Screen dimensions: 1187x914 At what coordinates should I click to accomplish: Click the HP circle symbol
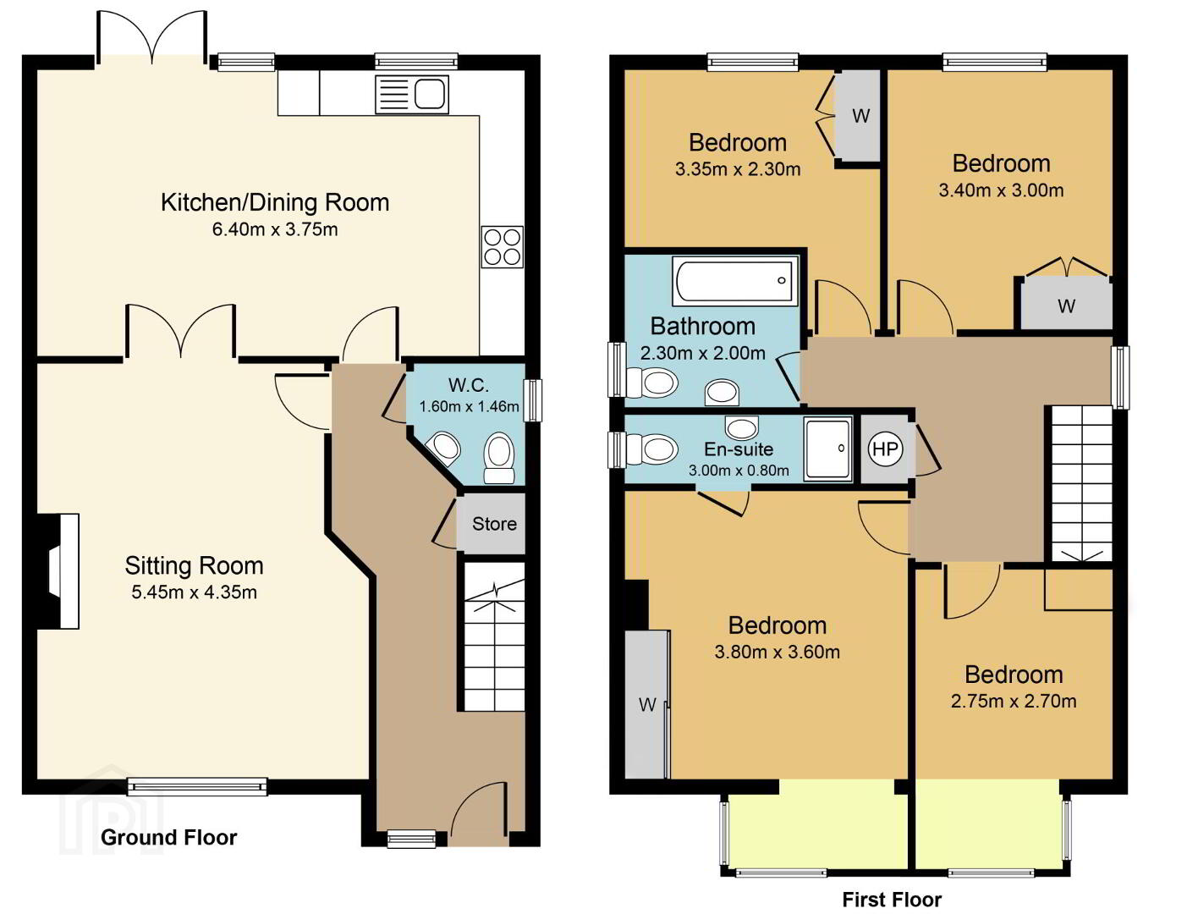885,449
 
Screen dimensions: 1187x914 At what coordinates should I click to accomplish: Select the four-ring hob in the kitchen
502,247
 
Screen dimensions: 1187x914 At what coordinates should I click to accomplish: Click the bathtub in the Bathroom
734,281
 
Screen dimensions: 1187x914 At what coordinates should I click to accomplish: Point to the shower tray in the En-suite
828,449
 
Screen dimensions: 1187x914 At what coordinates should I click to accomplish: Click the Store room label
494,524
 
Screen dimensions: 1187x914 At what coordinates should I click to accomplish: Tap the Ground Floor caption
169,838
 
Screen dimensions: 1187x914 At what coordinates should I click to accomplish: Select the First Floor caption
892,900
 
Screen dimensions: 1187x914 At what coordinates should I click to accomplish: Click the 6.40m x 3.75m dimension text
275,229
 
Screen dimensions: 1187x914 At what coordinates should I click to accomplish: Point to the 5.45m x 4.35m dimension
194,592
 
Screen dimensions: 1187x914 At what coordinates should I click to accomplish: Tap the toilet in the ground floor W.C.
499,458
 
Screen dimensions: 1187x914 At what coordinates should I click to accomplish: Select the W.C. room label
468,385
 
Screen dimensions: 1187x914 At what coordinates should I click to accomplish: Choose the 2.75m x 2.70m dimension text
1014,701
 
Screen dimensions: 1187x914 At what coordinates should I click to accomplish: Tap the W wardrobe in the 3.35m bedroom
860,116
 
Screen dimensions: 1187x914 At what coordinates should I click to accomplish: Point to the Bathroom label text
702,326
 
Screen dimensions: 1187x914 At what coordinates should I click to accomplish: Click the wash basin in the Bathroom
723,392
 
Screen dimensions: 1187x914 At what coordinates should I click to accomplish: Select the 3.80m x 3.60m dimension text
777,652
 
